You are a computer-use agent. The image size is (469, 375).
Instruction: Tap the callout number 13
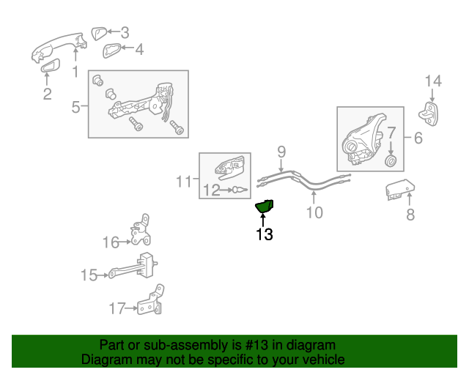pos(264,235)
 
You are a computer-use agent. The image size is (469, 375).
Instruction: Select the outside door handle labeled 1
pos(59,45)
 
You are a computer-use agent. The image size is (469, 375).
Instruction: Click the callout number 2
pos(47,94)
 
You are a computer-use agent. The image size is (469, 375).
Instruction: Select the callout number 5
pos(75,108)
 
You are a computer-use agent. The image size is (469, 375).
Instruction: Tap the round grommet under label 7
pos(391,160)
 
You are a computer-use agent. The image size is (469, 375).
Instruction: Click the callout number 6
pos(418,137)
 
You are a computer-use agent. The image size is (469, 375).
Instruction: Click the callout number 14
pos(434,81)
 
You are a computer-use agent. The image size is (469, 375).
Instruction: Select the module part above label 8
pos(398,190)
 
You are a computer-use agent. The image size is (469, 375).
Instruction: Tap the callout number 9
pos(281,152)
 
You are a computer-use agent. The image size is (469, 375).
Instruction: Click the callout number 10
pos(314,213)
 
